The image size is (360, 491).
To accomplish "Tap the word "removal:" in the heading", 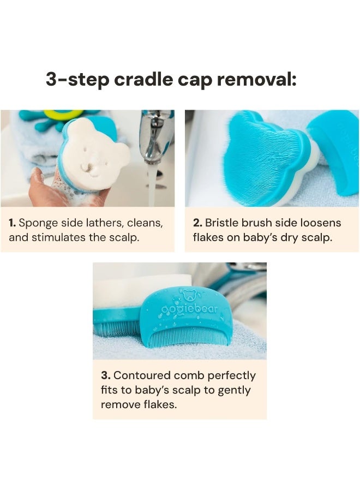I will coord(257,80).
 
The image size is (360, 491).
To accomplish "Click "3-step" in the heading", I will coord(77,80).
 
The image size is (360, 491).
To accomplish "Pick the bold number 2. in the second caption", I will coord(197,223).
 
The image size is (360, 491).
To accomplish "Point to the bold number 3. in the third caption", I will coord(106,376).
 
